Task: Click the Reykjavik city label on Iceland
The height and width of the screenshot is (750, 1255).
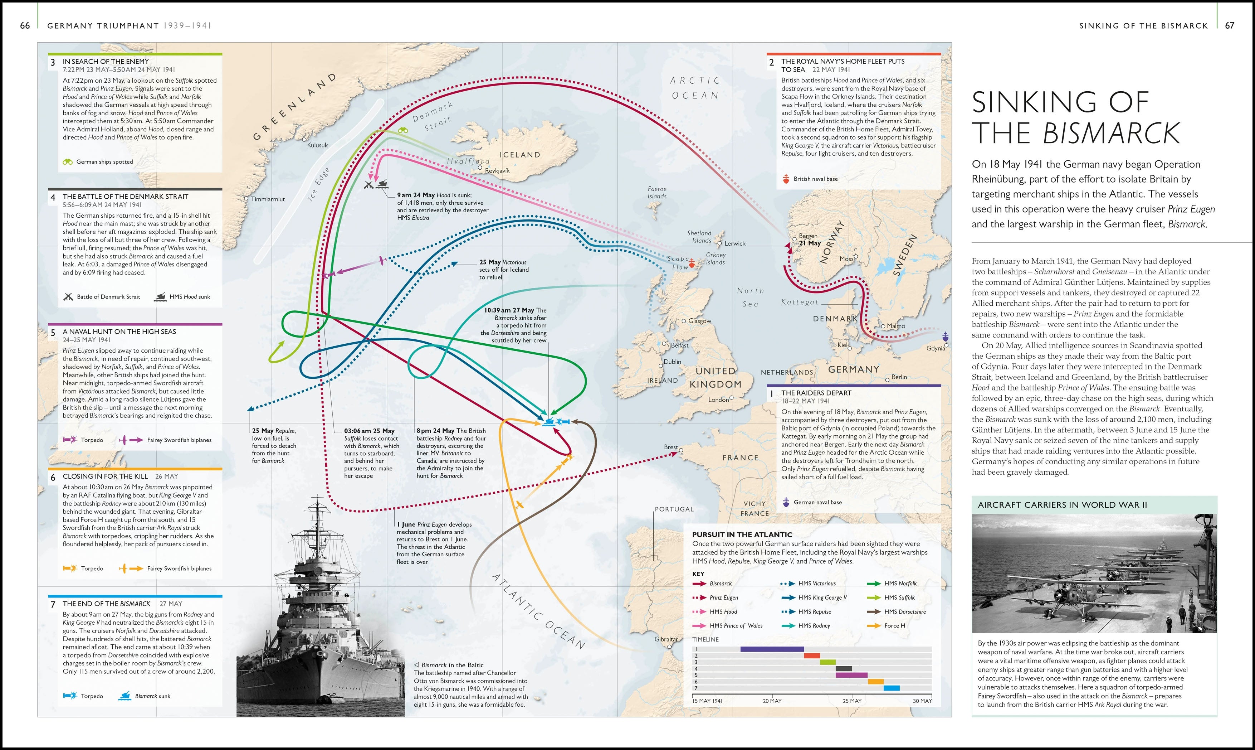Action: click(497, 171)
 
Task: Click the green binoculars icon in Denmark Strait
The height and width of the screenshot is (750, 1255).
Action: click(402, 130)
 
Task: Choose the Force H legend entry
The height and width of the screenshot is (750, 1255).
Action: click(894, 626)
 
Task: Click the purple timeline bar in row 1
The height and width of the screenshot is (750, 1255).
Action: click(772, 649)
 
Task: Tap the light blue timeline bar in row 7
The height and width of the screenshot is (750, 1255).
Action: click(892, 688)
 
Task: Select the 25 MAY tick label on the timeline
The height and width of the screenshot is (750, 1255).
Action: click(851, 701)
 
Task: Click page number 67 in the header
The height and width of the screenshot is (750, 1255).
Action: click(1229, 25)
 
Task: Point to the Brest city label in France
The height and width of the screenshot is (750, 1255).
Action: click(671, 447)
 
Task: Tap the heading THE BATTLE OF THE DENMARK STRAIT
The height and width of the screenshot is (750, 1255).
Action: click(125, 197)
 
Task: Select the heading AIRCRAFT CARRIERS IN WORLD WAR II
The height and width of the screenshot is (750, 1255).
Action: click(1062, 505)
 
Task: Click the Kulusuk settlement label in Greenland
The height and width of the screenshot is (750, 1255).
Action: click(317, 145)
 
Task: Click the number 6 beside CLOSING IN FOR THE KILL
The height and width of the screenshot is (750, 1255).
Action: click(53, 478)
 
